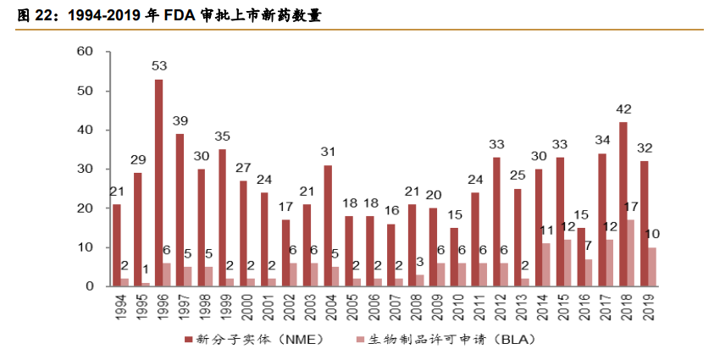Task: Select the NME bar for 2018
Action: tap(623, 204)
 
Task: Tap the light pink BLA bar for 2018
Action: tap(632, 253)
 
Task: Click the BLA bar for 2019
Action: tap(653, 267)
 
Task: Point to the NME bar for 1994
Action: tap(117, 245)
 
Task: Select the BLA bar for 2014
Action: tap(547, 264)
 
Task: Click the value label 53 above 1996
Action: tap(159, 65)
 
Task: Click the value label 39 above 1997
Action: tap(180, 120)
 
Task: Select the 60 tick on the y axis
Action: tap(85, 52)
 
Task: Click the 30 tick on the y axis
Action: tap(85, 169)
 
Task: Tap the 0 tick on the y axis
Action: tap(88, 286)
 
